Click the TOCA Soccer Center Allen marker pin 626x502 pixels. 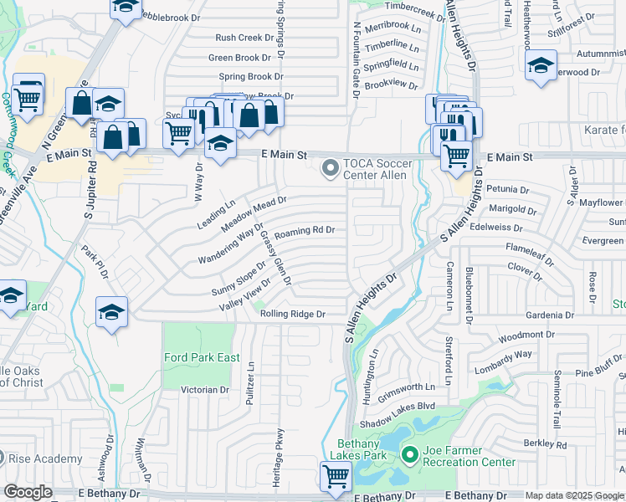331,170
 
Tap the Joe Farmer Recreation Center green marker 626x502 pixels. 409,456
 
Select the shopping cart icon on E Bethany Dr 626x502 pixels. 336,478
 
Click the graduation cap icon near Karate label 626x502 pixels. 541,67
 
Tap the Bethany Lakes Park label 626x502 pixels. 363,449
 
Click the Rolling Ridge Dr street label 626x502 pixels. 292,314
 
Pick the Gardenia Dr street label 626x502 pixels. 549,315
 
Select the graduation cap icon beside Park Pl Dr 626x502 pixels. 111,314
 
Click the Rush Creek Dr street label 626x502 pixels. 244,38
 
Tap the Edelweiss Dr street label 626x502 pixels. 495,228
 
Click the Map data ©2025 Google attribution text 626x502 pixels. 573,495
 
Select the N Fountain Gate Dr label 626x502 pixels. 357,60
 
